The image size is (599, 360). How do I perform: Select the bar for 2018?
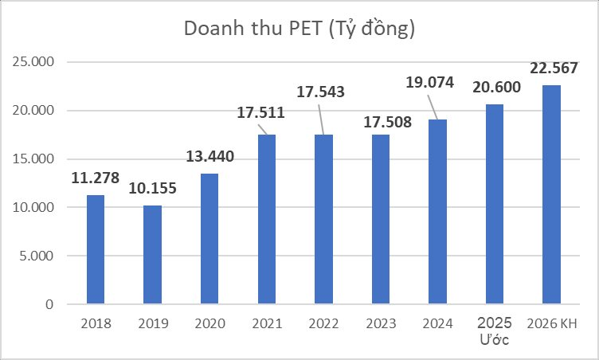(x=95, y=249)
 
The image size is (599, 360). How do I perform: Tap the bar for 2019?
(x=152, y=255)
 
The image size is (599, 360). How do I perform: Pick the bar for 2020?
(x=209, y=239)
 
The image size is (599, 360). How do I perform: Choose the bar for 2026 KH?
(x=551, y=194)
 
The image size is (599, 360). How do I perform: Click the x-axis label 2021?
(x=266, y=323)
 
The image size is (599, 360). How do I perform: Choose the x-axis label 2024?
(x=437, y=323)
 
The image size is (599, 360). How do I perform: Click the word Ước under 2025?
(x=494, y=340)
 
